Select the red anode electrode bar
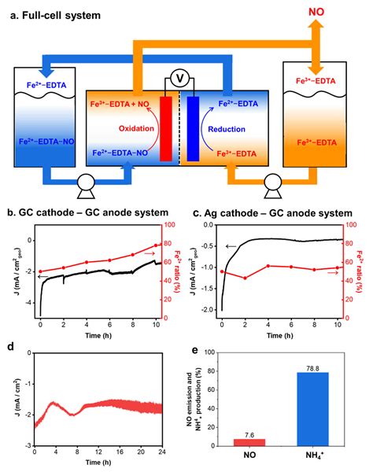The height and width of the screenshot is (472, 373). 164,128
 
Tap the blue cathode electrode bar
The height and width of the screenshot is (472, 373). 193,128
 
